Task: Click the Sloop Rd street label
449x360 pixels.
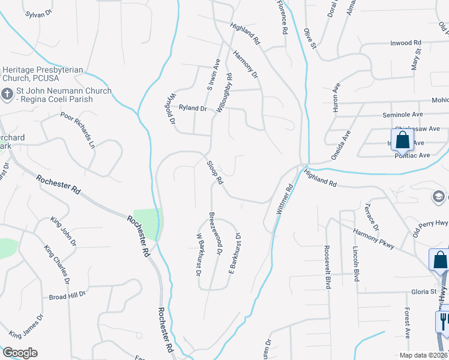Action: (x=215, y=172)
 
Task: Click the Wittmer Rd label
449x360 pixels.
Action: (x=285, y=199)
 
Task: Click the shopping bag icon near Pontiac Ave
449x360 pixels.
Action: (x=402, y=141)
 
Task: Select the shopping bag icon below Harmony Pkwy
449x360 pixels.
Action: (x=439, y=260)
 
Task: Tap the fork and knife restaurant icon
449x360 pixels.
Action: (x=444, y=321)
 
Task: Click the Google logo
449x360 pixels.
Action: (x=19, y=353)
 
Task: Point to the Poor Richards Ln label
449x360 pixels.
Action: (x=78, y=129)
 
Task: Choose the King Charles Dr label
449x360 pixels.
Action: (x=57, y=264)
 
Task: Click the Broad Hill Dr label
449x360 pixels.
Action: (x=68, y=296)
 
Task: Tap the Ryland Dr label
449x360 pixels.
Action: (x=193, y=109)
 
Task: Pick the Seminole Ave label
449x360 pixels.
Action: (x=403, y=114)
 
